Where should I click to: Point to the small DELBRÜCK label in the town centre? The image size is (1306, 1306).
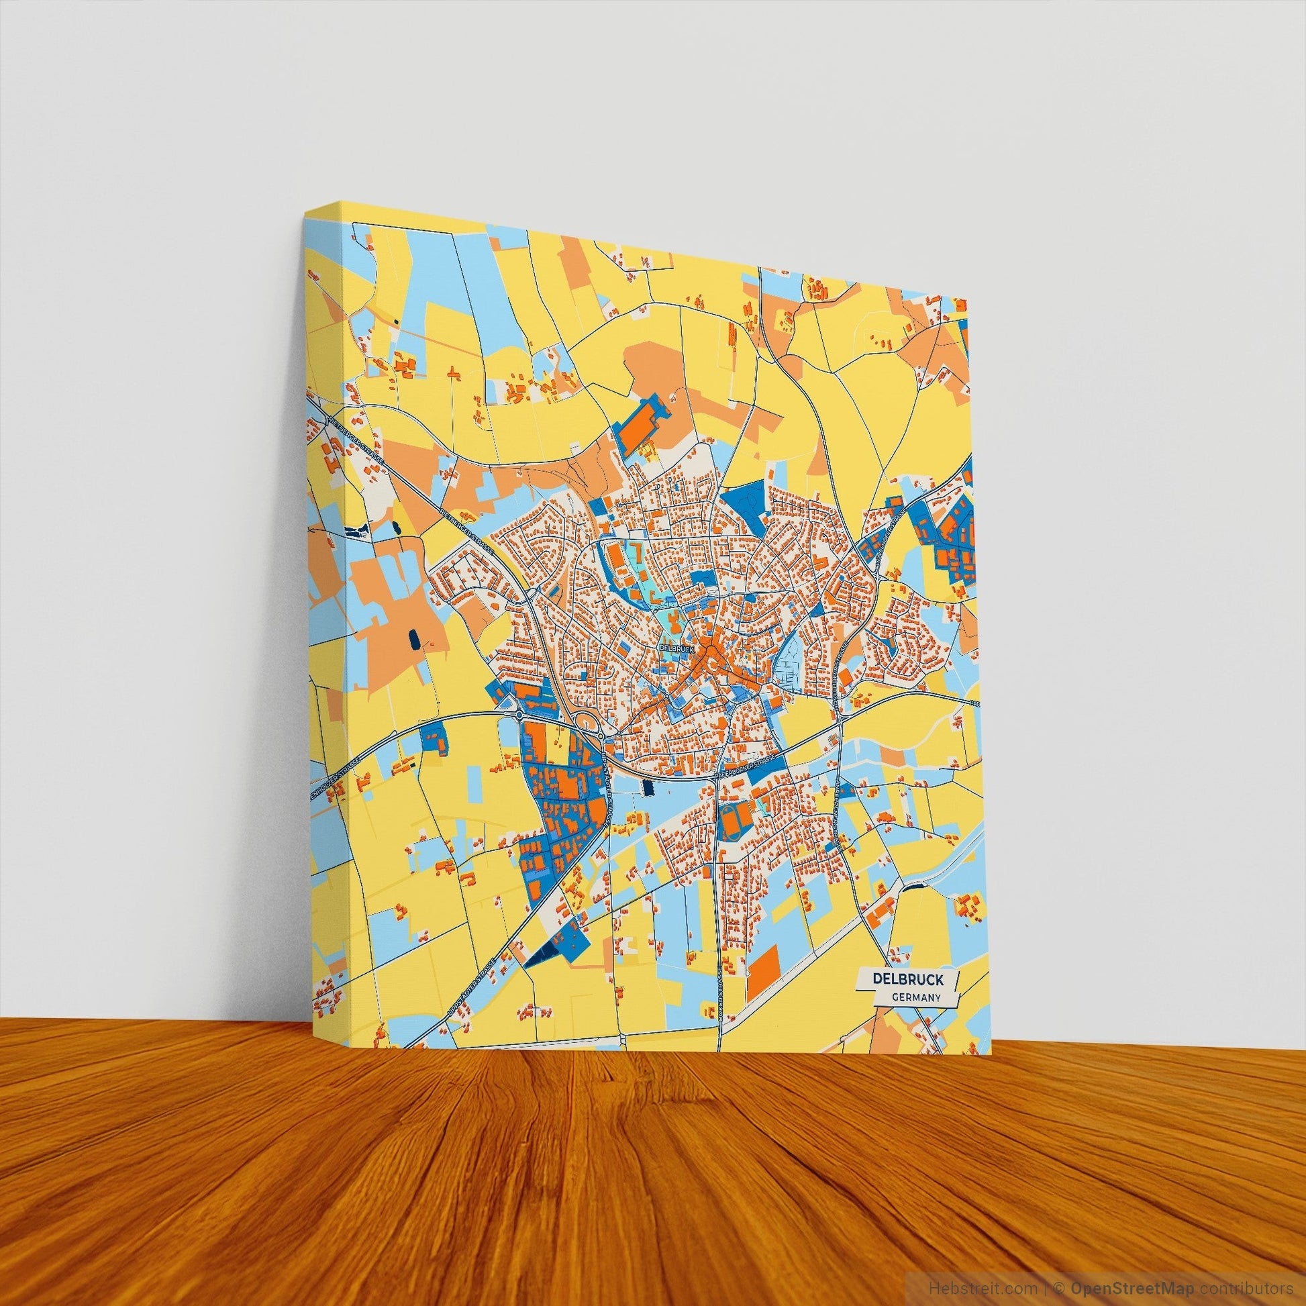click(x=676, y=648)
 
